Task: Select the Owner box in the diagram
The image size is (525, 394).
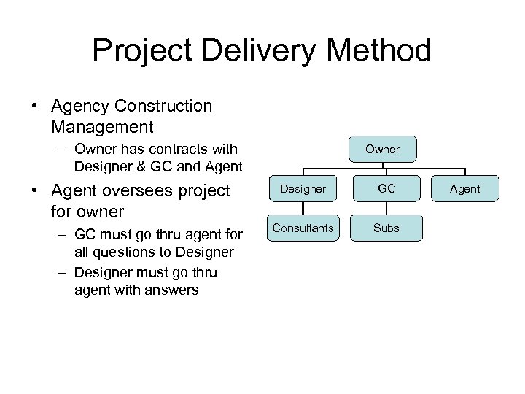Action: [x=382, y=149]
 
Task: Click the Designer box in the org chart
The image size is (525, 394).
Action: [x=303, y=189]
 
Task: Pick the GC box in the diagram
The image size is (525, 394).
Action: [x=386, y=189]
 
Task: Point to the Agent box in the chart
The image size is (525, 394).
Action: [x=464, y=189]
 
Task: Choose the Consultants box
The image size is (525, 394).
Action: [x=303, y=228]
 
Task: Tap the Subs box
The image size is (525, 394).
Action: [x=386, y=228]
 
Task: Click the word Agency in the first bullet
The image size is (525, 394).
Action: [x=80, y=107]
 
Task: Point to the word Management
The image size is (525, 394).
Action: [x=103, y=127]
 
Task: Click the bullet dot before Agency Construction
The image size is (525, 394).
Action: [x=35, y=107]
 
